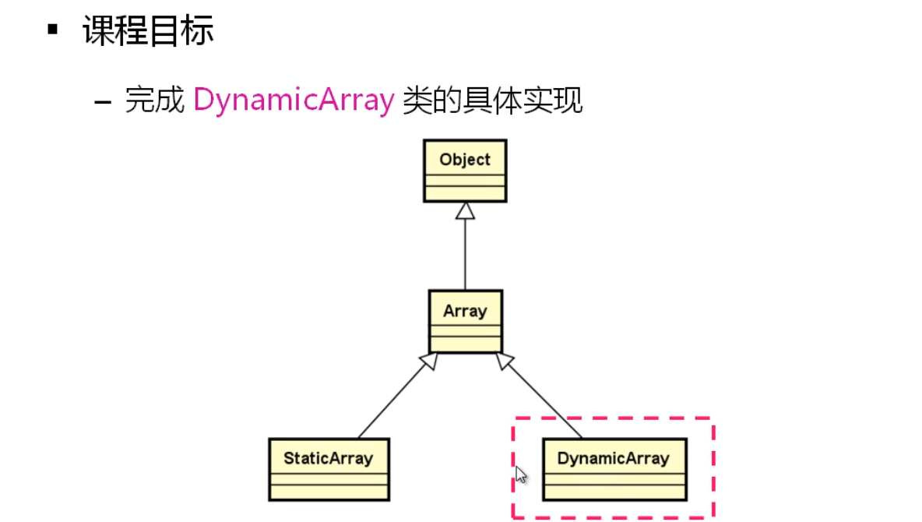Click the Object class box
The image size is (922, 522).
click(x=465, y=171)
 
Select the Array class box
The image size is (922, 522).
click(x=465, y=321)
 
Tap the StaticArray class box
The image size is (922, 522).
click(x=328, y=469)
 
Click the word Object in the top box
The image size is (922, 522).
click(x=465, y=160)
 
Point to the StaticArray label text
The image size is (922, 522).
click(x=328, y=457)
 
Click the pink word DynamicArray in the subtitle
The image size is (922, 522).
click(x=294, y=101)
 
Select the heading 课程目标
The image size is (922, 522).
click(x=148, y=31)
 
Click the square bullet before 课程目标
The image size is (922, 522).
click(x=53, y=30)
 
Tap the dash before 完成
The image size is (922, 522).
click(x=103, y=102)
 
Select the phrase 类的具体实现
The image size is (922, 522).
click(x=492, y=101)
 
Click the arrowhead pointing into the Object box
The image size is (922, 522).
click(x=465, y=210)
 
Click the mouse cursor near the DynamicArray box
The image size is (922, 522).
click(x=520, y=474)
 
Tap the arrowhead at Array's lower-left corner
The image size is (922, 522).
click(x=428, y=360)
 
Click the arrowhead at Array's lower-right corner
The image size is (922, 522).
click(x=504, y=360)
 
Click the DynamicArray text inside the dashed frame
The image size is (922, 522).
click(x=614, y=458)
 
